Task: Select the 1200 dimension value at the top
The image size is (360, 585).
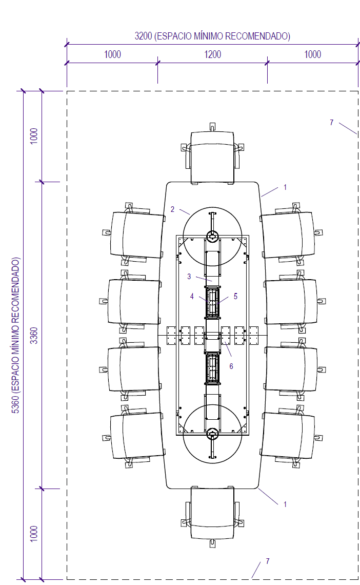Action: tap(212, 54)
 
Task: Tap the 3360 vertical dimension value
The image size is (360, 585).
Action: tap(34, 336)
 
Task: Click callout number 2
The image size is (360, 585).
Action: tap(172, 209)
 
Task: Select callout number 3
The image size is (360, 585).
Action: tap(189, 277)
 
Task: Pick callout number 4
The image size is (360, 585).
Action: tap(192, 296)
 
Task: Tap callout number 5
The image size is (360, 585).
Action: tap(235, 296)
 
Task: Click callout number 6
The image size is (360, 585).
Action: tap(231, 366)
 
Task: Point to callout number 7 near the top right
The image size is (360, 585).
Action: tap(331, 122)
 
